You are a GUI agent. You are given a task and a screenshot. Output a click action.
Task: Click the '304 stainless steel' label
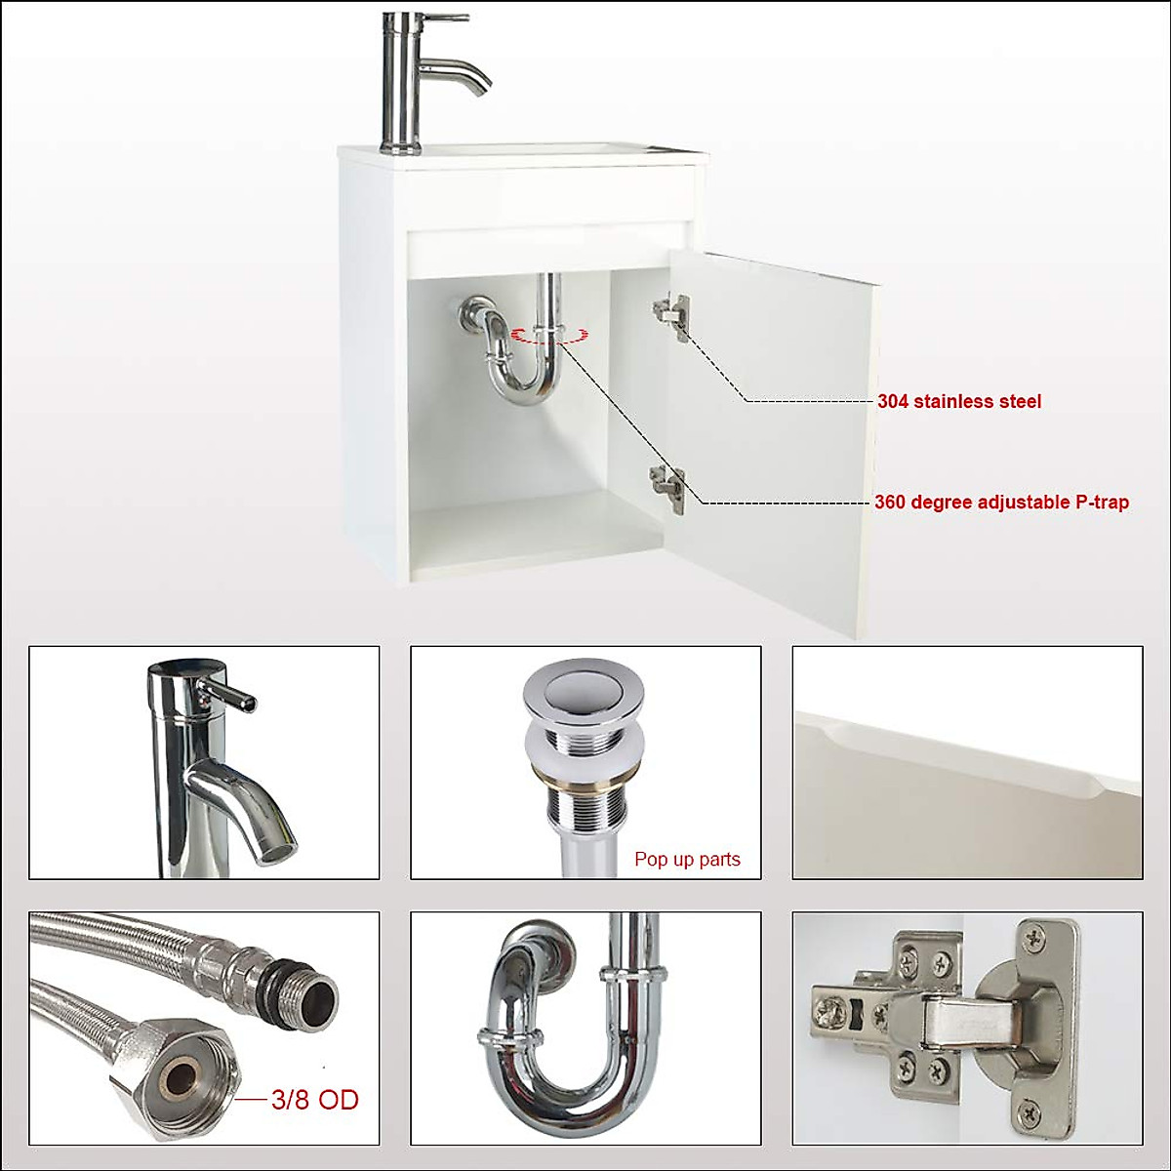[958, 401]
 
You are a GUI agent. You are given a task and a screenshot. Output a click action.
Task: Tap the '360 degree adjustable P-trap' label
[1001, 503]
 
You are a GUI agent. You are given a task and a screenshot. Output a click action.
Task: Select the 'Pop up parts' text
[687, 860]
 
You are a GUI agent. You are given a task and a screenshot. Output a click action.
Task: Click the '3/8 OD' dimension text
[315, 1100]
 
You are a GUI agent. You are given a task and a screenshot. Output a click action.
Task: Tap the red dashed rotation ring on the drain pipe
[550, 336]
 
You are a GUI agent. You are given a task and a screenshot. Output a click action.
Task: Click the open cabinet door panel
[781, 439]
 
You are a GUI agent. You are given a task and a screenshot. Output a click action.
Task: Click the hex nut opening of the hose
[182, 1078]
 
